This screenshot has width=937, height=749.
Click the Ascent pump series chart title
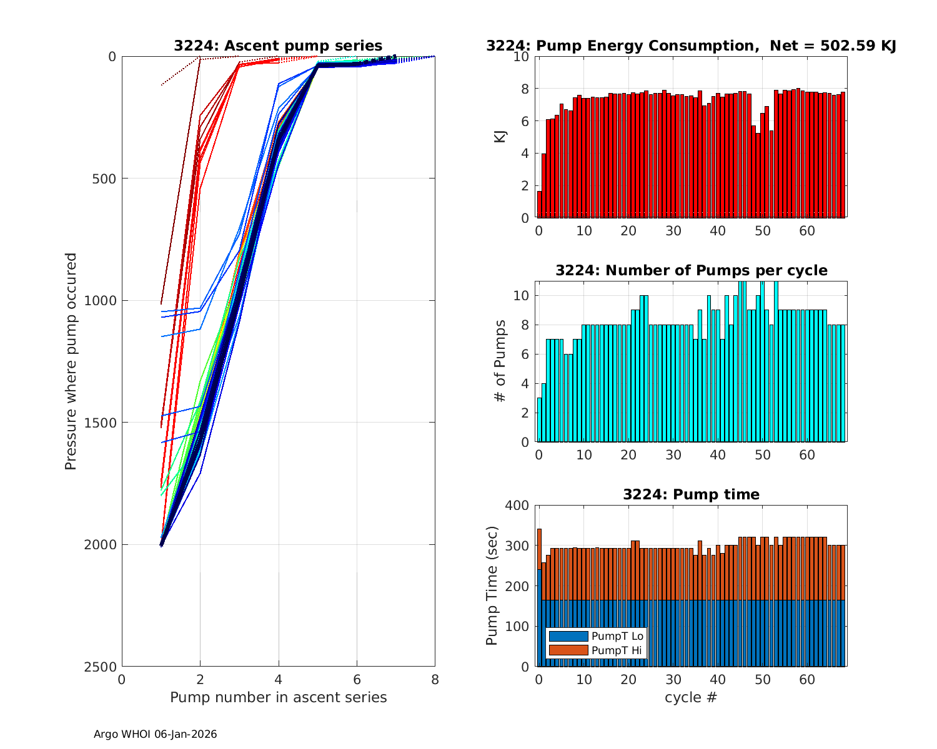pyautogui.click(x=278, y=46)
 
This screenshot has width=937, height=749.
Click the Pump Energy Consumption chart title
pyautogui.click(x=691, y=46)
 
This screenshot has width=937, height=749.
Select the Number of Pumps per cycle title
pyautogui.click(x=691, y=270)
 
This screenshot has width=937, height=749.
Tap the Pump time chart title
pyautogui.click(x=691, y=494)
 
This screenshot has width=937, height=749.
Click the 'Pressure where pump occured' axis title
pyautogui.click(x=71, y=361)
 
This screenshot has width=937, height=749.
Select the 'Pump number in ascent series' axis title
pyautogui.click(x=278, y=697)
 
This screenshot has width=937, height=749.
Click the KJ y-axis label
pyautogui.click(x=500, y=137)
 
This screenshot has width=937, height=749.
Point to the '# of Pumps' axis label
pyautogui.click(x=500, y=361)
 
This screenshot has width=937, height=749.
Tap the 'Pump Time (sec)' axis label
pyautogui.click(x=492, y=586)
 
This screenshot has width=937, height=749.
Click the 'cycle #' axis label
pyautogui.click(x=691, y=697)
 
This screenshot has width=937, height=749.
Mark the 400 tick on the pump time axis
pyautogui.click(x=517, y=506)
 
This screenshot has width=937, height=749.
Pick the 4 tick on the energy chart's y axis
pyautogui.click(x=525, y=154)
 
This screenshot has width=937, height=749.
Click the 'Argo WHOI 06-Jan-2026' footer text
pyautogui.click(x=155, y=735)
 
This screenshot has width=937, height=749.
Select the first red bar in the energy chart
pyautogui.click(x=539, y=205)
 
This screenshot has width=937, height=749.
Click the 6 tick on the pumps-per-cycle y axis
pyautogui.click(x=525, y=354)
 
